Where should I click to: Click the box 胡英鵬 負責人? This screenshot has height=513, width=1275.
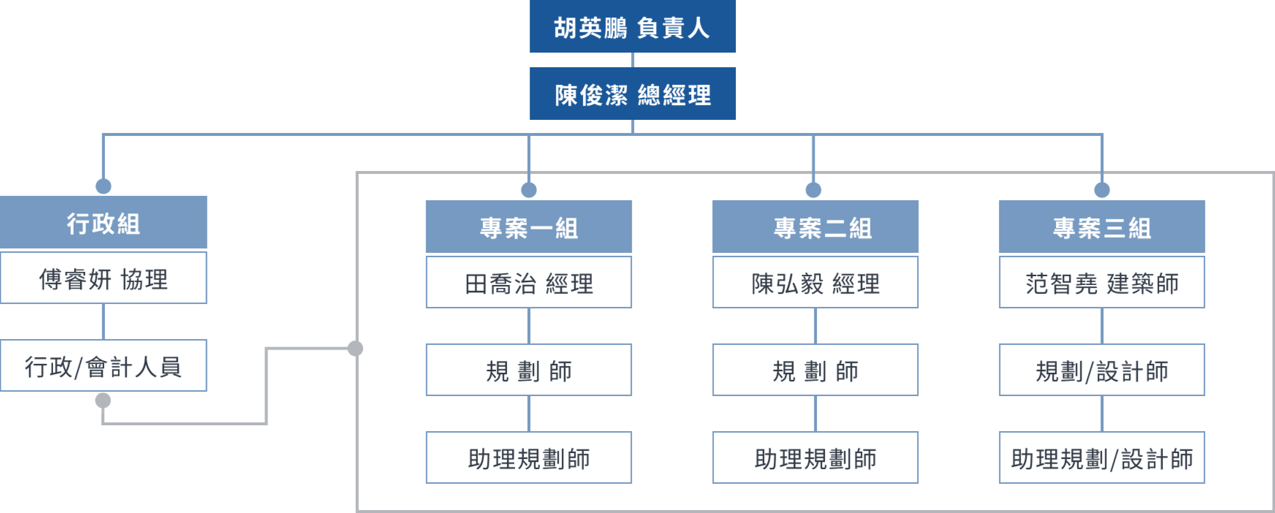[632, 27]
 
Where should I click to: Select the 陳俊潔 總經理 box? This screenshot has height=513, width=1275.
[632, 94]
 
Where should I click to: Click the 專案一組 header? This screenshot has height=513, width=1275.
[529, 227]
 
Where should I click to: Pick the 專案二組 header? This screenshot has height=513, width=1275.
[815, 227]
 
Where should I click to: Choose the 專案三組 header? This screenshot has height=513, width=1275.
[1102, 227]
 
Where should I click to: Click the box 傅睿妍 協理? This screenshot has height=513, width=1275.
[103, 278]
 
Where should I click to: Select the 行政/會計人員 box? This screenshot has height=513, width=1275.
[103, 365]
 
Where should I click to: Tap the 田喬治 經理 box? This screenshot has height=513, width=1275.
[529, 283]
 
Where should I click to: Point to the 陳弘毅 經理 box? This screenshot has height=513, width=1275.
[815, 283]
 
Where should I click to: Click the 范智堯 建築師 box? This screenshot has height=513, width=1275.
[1102, 283]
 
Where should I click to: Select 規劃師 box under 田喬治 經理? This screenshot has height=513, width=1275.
[529, 370]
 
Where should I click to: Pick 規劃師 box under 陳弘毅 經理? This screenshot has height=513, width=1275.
[815, 370]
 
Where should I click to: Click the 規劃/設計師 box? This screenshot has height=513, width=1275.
[1102, 370]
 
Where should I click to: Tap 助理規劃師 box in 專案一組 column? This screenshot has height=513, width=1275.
[529, 457]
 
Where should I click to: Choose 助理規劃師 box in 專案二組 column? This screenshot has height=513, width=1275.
[815, 457]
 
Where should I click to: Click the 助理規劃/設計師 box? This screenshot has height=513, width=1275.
[1102, 457]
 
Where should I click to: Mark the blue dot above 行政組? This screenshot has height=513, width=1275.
[103, 186]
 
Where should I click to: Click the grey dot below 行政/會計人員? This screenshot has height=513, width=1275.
[103, 400]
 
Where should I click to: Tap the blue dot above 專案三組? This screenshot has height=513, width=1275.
[1102, 190]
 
